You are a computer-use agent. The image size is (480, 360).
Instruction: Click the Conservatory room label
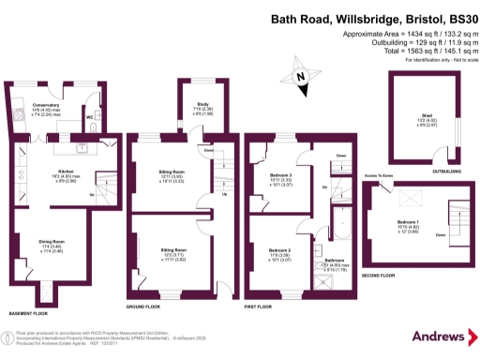pyautogui.click(x=45, y=104)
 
